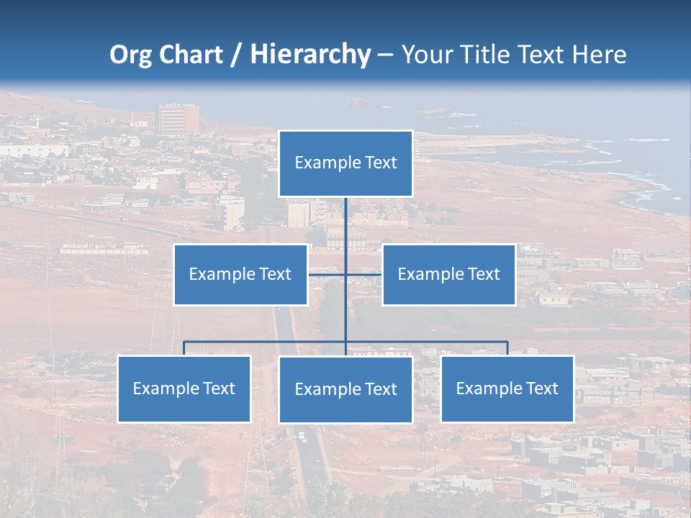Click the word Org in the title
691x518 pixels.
click(x=129, y=54)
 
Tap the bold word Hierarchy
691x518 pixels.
click(x=310, y=54)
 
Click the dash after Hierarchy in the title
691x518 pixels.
click(x=385, y=54)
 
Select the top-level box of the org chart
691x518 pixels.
click(x=345, y=163)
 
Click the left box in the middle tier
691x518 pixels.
click(x=240, y=274)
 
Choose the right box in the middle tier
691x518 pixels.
click(x=448, y=274)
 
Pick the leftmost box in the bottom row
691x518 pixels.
click(x=184, y=388)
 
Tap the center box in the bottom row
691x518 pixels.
click(x=345, y=389)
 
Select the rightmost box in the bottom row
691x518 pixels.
click(x=507, y=388)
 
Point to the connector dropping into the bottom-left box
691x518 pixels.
click(x=184, y=348)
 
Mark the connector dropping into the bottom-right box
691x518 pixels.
click(x=507, y=348)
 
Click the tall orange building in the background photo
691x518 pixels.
click(x=178, y=119)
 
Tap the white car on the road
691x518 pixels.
click(x=302, y=436)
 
